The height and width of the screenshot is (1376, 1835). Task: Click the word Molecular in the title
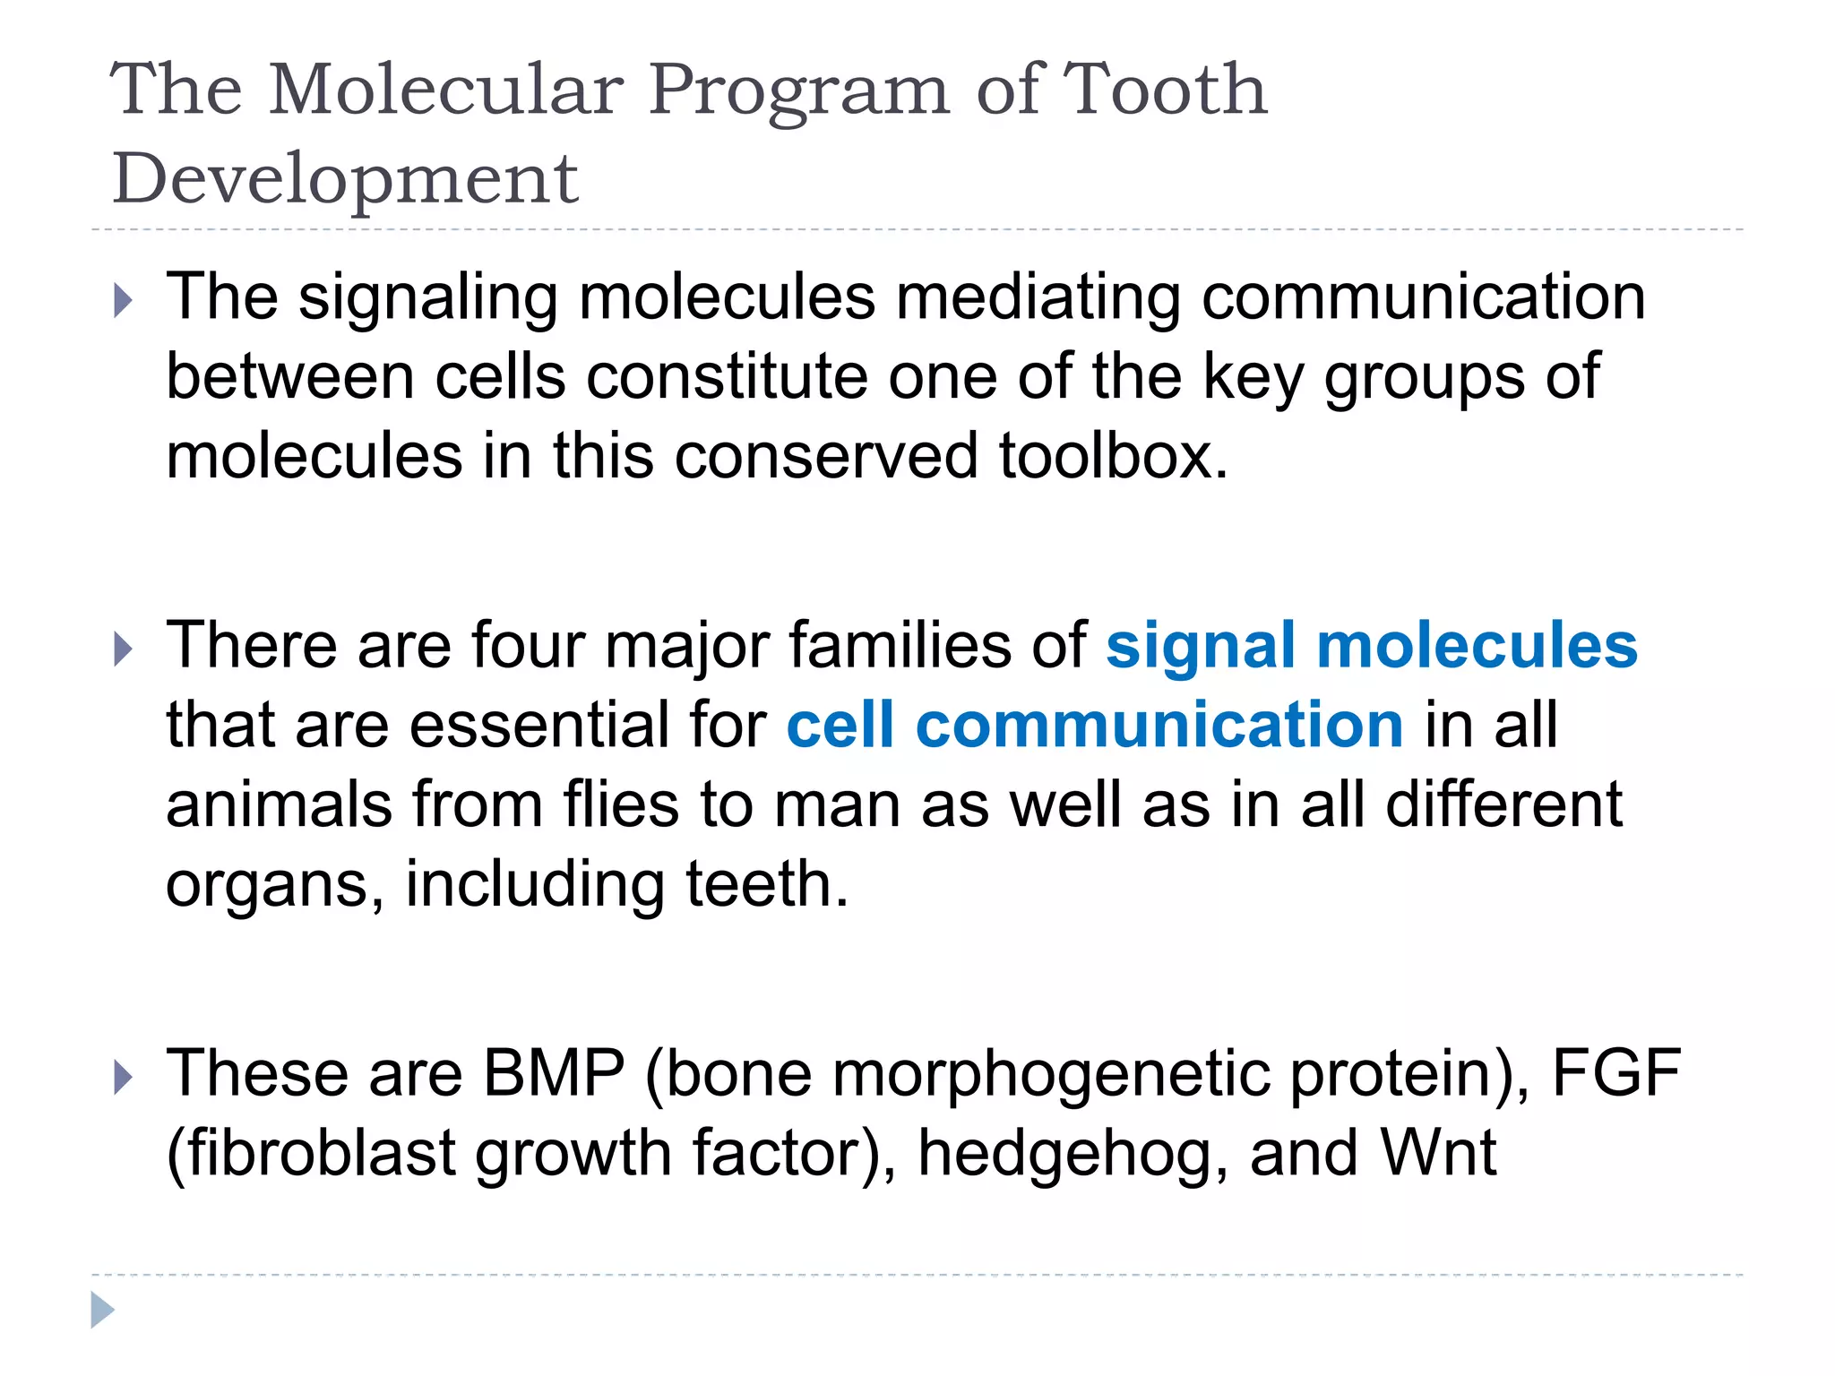click(x=445, y=90)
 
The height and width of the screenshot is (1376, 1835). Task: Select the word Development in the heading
click(x=345, y=178)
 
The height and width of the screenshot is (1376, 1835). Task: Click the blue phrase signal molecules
click(x=1371, y=645)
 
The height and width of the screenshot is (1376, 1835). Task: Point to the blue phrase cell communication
click(x=1094, y=725)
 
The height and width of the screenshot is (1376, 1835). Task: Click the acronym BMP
click(x=554, y=1072)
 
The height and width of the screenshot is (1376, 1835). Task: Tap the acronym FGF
click(x=1615, y=1072)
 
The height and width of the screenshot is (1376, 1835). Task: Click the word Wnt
click(x=1438, y=1152)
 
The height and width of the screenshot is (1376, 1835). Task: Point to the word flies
click(x=621, y=804)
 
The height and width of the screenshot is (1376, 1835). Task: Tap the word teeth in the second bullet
click(x=766, y=883)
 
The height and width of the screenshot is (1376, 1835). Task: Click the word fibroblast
click(x=312, y=1152)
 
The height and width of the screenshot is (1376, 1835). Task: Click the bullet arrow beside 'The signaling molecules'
click(x=124, y=301)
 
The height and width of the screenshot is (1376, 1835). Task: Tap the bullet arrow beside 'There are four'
click(x=124, y=649)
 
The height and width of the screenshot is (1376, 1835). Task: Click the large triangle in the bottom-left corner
click(x=102, y=1311)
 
